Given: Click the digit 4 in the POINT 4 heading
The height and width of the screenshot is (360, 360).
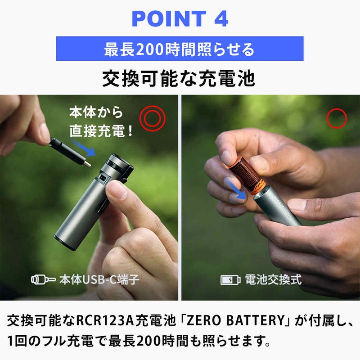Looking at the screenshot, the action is coord(221,19).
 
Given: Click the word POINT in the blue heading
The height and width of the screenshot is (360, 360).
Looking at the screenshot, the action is coord(169,19).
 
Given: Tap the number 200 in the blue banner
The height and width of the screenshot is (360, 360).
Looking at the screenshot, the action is coord(150,49).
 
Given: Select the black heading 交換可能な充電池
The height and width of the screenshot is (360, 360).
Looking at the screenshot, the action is coord(179,78).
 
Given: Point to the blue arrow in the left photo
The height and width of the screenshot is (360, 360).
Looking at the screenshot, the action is coord(83,148).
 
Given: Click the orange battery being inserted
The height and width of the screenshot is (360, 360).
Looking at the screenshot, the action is coord(247,175).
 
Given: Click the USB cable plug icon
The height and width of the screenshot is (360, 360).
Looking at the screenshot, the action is coord(43,279).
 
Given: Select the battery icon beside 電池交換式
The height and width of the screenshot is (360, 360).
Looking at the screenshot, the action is coord(230,280).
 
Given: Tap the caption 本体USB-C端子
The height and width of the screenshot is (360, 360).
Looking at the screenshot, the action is coord(99,279).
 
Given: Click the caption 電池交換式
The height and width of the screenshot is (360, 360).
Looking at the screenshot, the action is coord(273,279).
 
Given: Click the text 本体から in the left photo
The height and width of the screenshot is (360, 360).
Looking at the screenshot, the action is coord(96,112).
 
